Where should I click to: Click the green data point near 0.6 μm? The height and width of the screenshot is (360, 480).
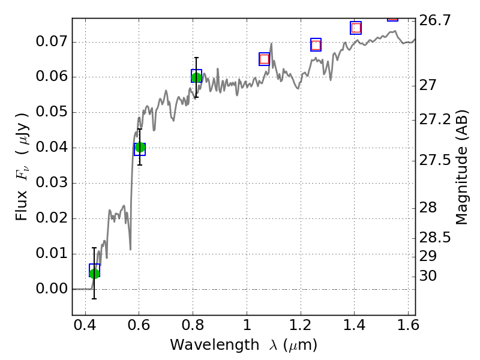coord(140,147)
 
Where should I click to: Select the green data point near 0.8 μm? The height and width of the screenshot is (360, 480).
coord(196,76)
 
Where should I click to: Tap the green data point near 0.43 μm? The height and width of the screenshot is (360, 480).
coord(94,274)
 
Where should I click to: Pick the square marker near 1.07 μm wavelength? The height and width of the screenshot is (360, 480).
coord(264,59)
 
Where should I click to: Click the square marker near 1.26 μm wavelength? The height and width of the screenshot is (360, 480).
coord(316,45)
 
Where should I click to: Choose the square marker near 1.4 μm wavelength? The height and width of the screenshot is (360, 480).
coord(356,28)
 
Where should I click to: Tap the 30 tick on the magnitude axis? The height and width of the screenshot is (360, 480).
coord(429,276)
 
